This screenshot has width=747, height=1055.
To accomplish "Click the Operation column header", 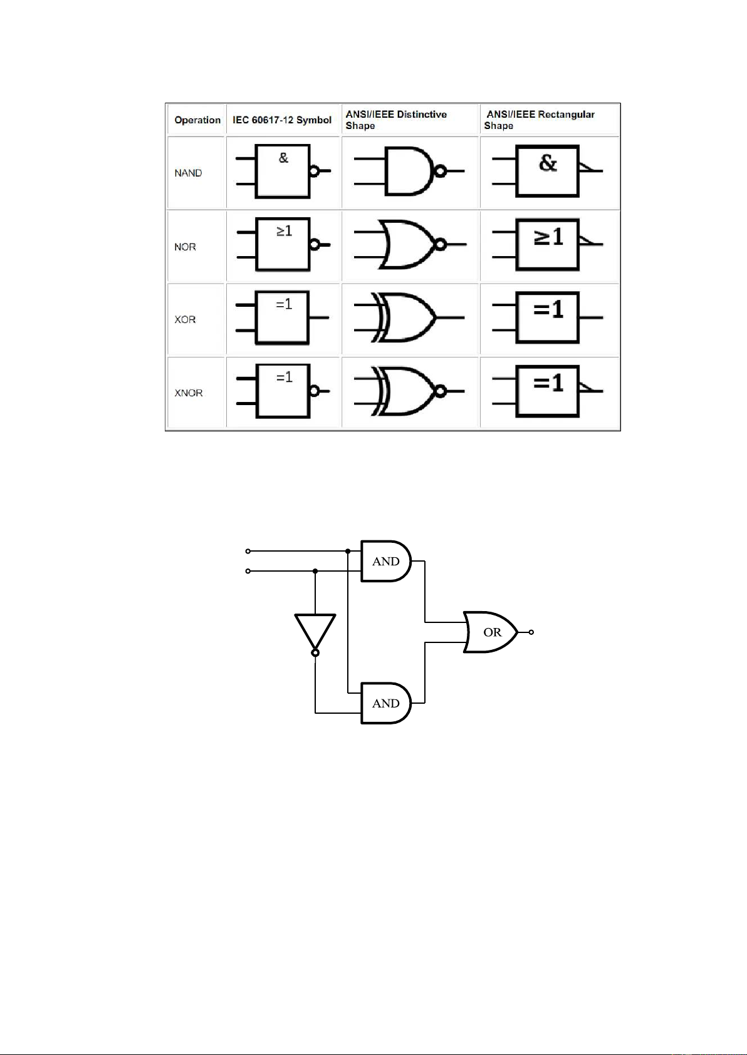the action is (197, 120).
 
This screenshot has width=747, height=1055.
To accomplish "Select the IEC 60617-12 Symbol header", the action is (282, 120).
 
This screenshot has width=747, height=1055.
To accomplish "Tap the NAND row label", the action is (188, 173).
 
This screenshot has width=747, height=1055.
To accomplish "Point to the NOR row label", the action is (185, 247).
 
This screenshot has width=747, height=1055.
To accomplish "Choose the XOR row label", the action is (185, 319).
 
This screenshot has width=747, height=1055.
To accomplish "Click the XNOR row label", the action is (189, 393).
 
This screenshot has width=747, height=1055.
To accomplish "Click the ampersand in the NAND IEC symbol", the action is (283, 158).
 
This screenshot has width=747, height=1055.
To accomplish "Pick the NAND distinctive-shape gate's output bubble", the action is (441, 171).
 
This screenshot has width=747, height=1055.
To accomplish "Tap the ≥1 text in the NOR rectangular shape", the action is (548, 237).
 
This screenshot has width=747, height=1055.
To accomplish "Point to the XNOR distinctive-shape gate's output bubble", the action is (441, 391).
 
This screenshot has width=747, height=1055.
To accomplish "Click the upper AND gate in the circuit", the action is (386, 561).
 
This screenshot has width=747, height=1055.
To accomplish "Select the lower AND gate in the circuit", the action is (386, 703).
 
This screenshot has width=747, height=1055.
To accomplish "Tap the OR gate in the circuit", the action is (491, 632).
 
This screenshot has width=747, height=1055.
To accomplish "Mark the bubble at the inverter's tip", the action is (315, 653).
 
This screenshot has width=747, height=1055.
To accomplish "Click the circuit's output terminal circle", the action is (531, 632).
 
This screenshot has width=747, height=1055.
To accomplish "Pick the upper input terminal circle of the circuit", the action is (248, 551).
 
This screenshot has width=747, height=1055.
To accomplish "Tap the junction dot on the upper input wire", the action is (348, 551).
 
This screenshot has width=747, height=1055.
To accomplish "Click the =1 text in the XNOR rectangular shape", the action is (548, 383).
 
